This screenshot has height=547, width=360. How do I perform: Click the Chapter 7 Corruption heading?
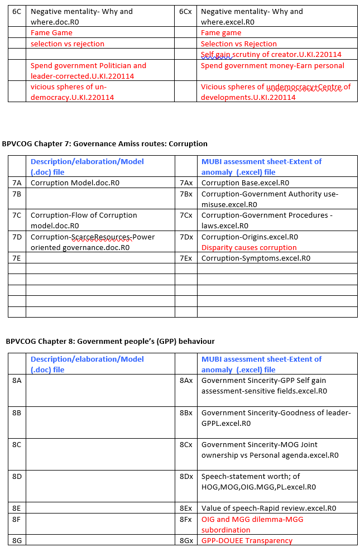105,143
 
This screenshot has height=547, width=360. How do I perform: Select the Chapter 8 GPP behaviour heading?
110,341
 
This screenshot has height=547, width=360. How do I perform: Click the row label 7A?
17,183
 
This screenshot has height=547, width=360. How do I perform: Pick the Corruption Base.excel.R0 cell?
245,183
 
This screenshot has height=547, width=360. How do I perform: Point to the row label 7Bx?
186,194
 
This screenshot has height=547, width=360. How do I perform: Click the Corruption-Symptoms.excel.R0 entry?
256,258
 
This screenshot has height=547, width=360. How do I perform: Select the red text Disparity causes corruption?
249,247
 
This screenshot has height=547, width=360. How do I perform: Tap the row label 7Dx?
186,237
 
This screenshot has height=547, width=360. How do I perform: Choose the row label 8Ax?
186,380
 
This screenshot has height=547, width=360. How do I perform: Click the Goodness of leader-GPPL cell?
276,418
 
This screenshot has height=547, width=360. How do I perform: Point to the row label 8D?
17,476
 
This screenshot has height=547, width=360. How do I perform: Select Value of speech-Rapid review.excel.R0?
268,508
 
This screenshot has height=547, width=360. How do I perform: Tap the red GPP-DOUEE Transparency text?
247,540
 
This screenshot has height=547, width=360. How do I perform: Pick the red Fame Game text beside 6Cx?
222,33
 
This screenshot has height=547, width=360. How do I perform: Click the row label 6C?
17,12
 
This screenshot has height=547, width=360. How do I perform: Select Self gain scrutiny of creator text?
271,54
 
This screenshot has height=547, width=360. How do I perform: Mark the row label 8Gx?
186,540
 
